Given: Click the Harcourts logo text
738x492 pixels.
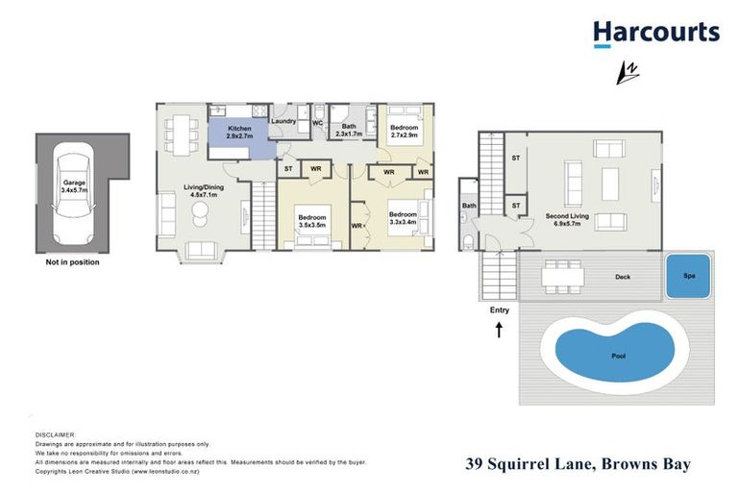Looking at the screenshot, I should [655, 32].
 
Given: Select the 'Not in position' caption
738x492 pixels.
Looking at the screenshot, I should [72, 261].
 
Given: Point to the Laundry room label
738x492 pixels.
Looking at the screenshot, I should [283, 121].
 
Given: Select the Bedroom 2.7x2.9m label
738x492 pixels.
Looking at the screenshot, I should [404, 132].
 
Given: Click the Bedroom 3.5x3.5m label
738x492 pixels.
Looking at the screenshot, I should [313, 222].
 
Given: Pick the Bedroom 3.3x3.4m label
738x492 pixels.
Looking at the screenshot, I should [403, 218].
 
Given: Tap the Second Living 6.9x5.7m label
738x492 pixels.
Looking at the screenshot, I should [567, 220].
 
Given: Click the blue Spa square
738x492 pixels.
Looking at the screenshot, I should [688, 276].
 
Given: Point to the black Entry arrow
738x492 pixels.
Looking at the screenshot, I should [500, 332].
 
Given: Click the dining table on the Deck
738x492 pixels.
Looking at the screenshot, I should [561, 276].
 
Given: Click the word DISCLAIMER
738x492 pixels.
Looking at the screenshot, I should [55, 435].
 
